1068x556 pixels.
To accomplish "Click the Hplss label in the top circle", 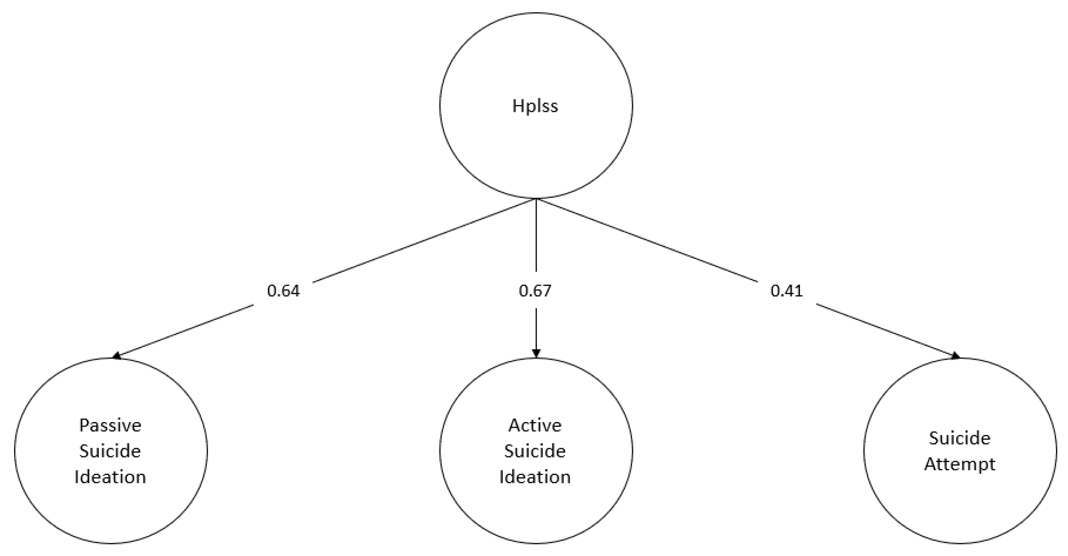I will [x=535, y=106].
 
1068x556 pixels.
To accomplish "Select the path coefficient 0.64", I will [x=283, y=291].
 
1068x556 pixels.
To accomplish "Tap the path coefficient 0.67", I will [x=535, y=291].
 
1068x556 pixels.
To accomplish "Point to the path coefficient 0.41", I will [x=787, y=291].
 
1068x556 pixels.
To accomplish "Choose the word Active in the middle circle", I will [x=535, y=425].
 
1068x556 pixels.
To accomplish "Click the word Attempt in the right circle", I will [x=960, y=464].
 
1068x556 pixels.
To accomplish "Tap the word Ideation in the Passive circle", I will [x=110, y=477].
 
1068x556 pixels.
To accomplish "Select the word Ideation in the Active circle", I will [x=535, y=477].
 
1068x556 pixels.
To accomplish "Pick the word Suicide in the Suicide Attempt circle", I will [x=960, y=438].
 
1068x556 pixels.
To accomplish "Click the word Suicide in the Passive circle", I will [x=110, y=451].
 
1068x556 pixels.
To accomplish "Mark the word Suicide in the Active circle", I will [x=535, y=451].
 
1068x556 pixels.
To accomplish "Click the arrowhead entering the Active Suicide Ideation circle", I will [x=536, y=353].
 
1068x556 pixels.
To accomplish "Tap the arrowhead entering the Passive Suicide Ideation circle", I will [x=117, y=356].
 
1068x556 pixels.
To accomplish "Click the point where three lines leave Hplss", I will [x=536, y=199].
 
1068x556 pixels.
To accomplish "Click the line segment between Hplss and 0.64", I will [x=423, y=241].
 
